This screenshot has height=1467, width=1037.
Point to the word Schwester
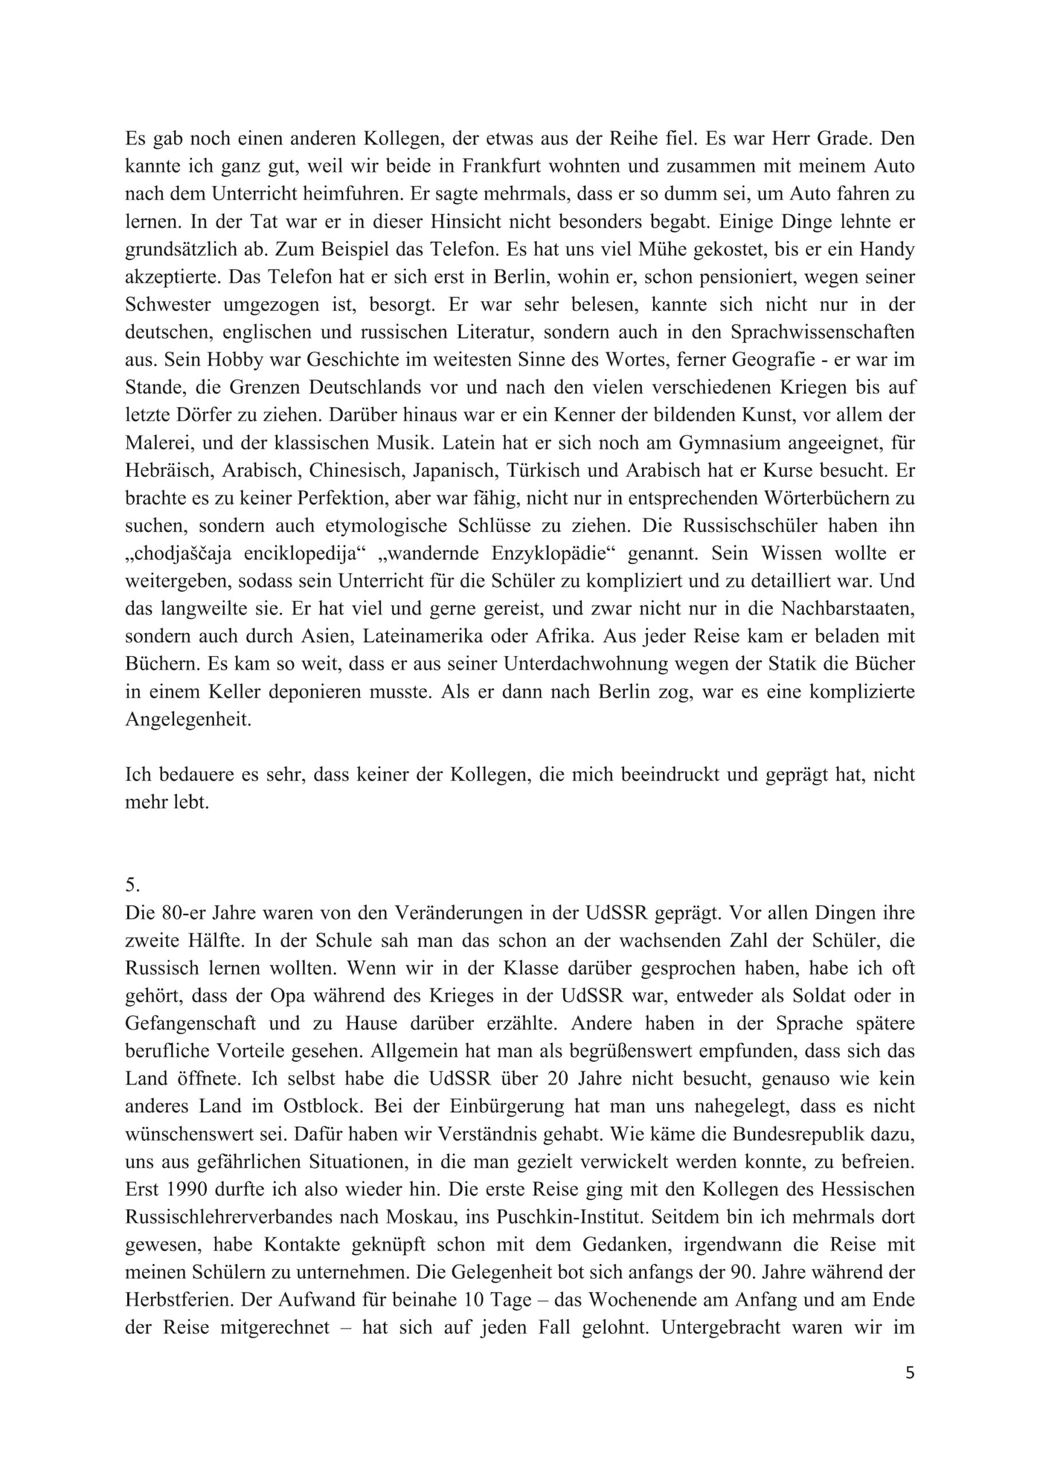tap(168, 305)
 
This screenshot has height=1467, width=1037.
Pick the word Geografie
tap(772, 360)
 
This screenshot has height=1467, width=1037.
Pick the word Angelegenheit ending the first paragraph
tap(188, 719)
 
